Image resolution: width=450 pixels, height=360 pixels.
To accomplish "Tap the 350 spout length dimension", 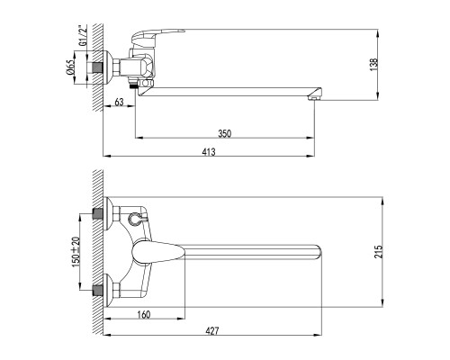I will point(224,132).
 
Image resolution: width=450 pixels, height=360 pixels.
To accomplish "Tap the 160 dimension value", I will point(144,315).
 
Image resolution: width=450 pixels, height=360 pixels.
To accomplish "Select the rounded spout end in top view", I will point(317,249).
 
